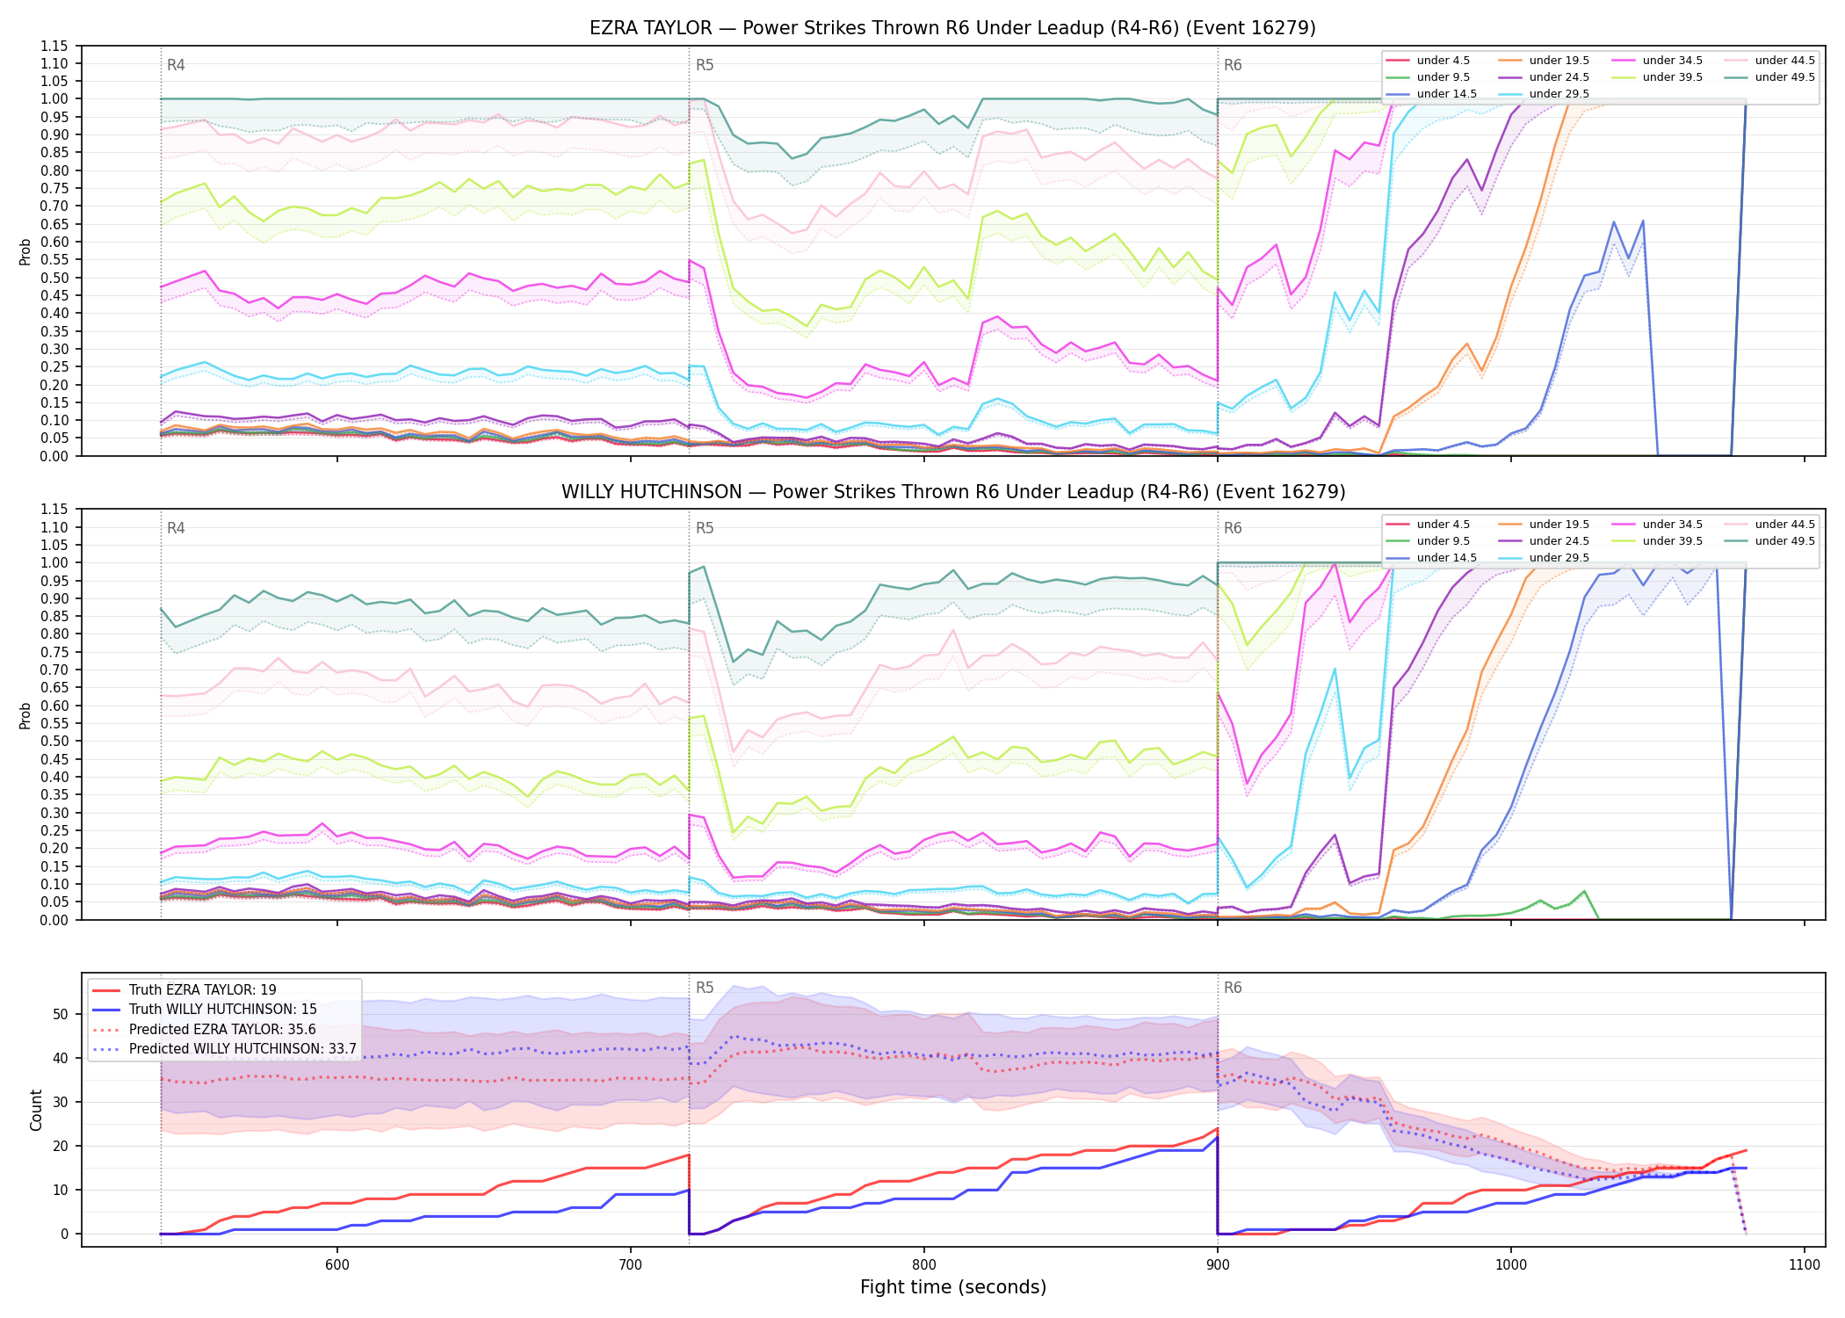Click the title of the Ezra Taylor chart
click(952, 28)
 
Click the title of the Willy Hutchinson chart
click(953, 492)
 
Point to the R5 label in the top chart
click(705, 65)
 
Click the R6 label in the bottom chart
click(1233, 988)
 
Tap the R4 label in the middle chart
click(176, 528)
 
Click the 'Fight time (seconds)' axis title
click(953, 1287)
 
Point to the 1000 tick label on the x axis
click(1511, 1265)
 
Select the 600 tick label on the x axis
click(337, 1265)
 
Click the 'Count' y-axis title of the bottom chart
click(36, 1110)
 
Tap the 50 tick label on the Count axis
click(60, 1014)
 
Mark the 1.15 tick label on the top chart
click(54, 46)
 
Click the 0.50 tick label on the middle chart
click(54, 741)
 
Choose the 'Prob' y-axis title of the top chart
click(25, 252)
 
